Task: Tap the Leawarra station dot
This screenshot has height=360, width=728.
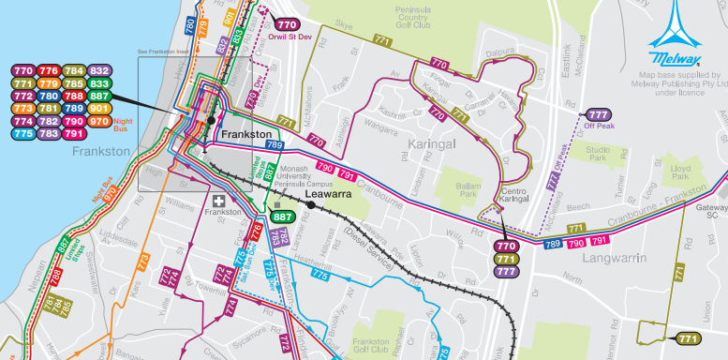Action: [x=310, y=203]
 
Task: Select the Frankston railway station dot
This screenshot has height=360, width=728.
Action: [x=213, y=121]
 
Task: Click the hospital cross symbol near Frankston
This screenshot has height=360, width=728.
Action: [x=220, y=200]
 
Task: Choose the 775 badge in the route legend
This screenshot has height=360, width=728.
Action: [x=23, y=134]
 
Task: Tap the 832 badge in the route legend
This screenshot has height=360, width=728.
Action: [x=100, y=70]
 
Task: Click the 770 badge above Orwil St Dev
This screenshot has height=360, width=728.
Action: [x=288, y=25]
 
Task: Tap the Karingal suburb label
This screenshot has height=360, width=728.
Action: [x=433, y=143]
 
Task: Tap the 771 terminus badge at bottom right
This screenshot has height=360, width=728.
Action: [x=687, y=338]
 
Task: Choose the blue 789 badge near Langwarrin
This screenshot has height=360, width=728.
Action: [x=554, y=244]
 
